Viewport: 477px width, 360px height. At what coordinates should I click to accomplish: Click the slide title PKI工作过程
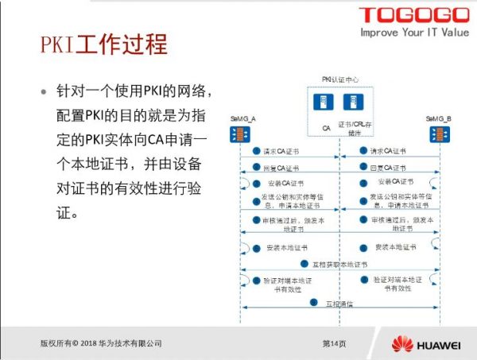click(103, 44)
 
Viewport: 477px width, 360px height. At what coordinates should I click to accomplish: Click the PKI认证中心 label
click(339, 79)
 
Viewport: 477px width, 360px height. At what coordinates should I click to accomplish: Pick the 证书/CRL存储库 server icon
click(351, 103)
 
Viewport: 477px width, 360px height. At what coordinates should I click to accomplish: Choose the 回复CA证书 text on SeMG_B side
click(388, 168)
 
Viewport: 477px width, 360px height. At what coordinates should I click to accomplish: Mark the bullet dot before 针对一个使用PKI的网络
click(45, 91)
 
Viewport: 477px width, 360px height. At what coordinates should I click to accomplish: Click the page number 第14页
click(334, 343)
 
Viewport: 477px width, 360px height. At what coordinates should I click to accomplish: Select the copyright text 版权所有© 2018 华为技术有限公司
click(101, 343)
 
